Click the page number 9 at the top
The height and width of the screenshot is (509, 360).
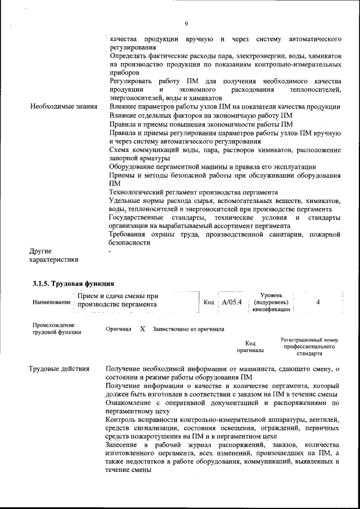(x=186, y=23)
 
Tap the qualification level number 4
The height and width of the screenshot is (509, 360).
(x=318, y=302)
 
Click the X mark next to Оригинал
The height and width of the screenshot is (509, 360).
(x=142, y=328)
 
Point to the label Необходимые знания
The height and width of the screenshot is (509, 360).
(x=63, y=106)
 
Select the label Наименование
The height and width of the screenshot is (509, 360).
(x=52, y=302)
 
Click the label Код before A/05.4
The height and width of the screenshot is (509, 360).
(x=208, y=303)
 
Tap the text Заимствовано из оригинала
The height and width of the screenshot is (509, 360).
(x=188, y=329)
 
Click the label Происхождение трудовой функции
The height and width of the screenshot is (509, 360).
(x=57, y=328)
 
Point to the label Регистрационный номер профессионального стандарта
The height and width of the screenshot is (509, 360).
(x=310, y=347)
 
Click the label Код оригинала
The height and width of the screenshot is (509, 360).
(x=250, y=346)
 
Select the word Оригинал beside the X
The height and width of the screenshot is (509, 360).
(x=119, y=329)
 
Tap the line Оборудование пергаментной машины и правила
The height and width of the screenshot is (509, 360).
(x=212, y=166)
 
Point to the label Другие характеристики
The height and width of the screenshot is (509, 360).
(x=53, y=255)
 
